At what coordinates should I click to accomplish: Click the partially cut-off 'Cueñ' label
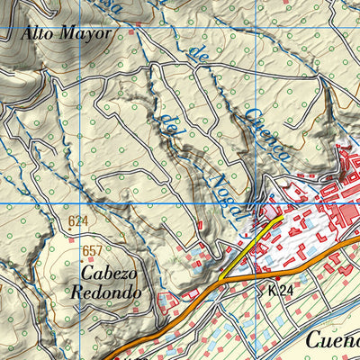330,340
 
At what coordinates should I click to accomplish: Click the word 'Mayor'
88,34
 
